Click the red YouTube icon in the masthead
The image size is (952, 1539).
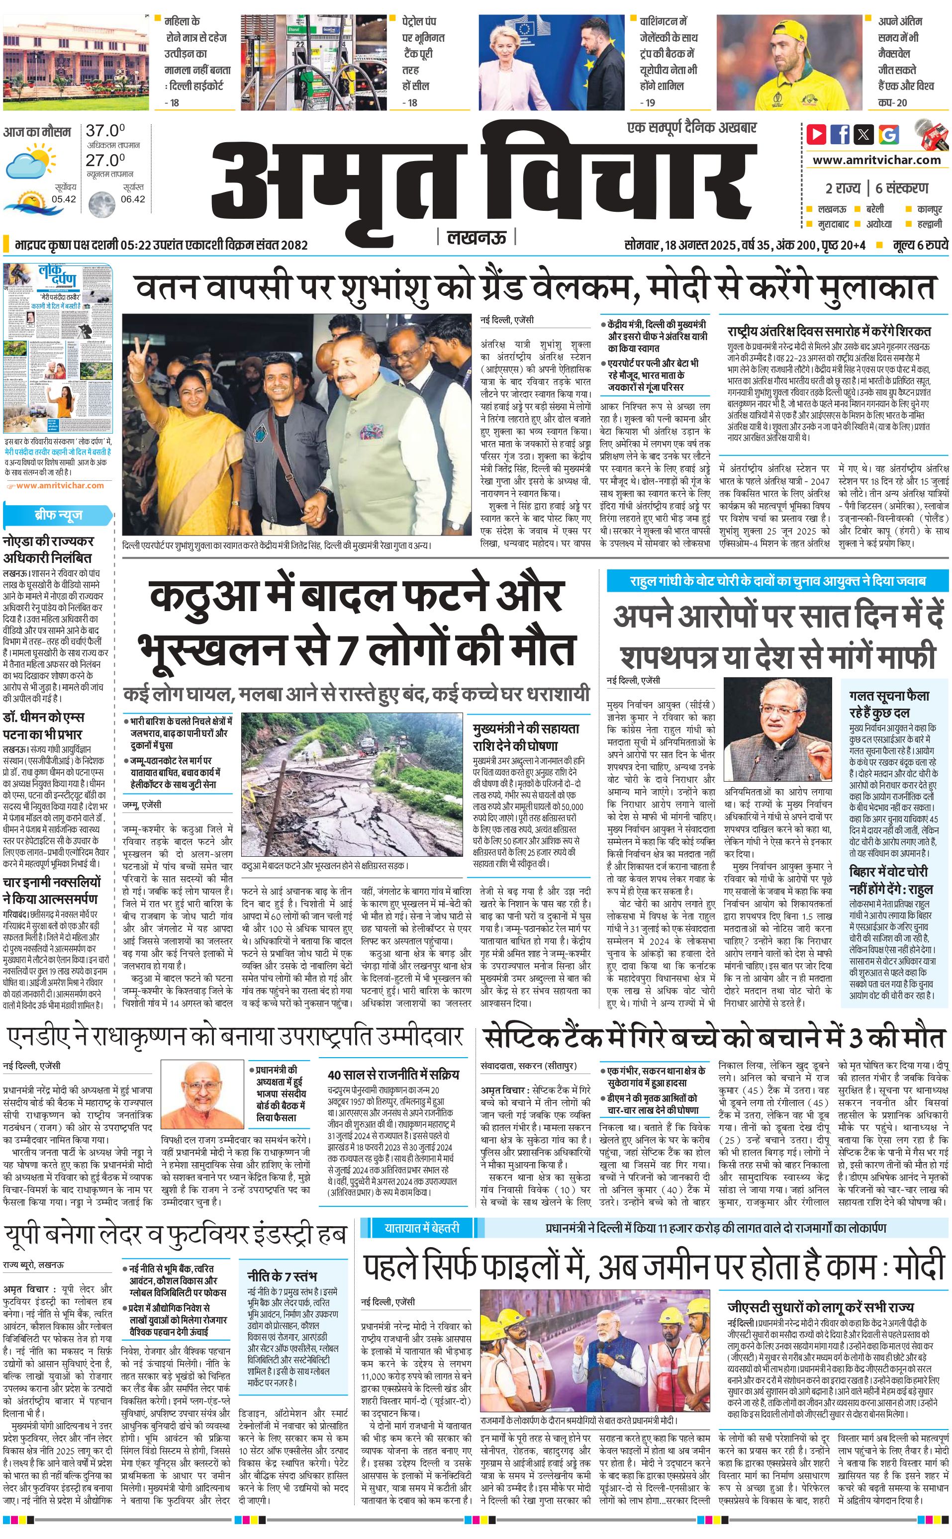coord(817,134)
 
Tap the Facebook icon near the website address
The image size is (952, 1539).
coord(840,134)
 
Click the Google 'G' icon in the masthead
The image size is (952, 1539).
coord(889,134)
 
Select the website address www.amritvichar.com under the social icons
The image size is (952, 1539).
coord(876,160)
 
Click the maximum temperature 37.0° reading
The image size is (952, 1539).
coord(105,131)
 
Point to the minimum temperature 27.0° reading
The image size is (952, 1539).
coord(105,160)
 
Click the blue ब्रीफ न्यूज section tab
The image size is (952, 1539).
coord(58,515)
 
